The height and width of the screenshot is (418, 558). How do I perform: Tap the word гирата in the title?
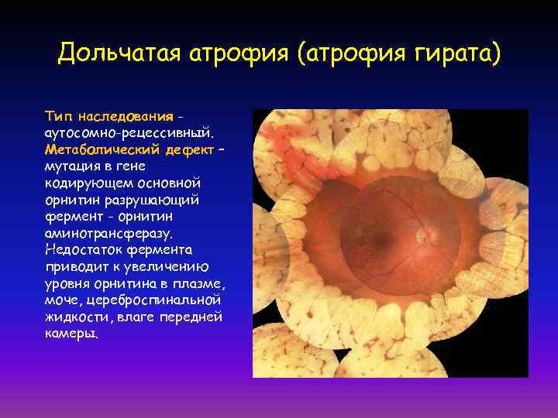(x=452, y=54)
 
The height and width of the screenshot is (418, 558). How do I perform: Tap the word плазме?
(x=199, y=283)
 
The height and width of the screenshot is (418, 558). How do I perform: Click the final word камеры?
(x=71, y=334)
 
